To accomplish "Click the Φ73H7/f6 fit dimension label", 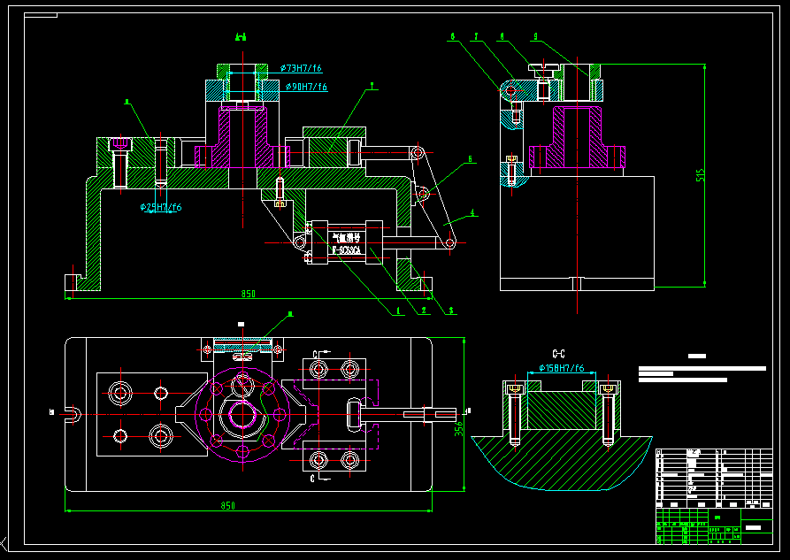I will click(x=301, y=68).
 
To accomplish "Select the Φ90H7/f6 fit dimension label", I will click(x=306, y=87).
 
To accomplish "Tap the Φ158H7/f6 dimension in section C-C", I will click(x=562, y=367).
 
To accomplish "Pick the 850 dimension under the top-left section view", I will click(x=248, y=294).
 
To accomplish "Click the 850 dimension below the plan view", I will click(x=228, y=505).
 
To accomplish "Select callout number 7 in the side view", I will click(x=476, y=37).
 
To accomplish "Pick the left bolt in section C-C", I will click(x=514, y=411).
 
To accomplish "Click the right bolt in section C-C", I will click(x=608, y=411).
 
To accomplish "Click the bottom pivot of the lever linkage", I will click(x=450, y=242).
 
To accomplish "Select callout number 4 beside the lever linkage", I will click(x=473, y=212).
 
